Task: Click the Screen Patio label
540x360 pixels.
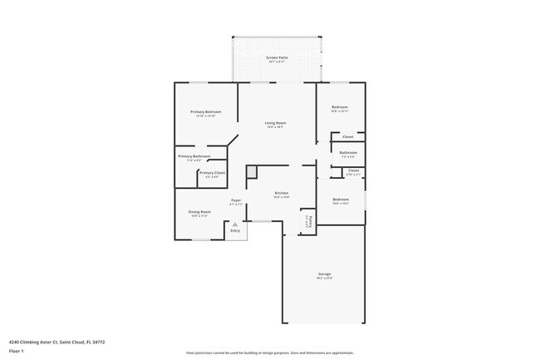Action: click(x=276, y=57)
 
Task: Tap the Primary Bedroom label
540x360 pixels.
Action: click(x=205, y=111)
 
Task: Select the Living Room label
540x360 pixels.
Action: click(x=276, y=123)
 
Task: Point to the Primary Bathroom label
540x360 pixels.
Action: click(x=194, y=156)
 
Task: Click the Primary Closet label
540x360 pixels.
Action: click(x=212, y=172)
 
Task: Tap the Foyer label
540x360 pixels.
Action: click(x=236, y=200)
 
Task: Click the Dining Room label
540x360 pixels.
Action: click(x=200, y=211)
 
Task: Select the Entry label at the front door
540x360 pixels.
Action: click(x=235, y=230)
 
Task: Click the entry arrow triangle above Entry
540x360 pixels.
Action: click(x=235, y=223)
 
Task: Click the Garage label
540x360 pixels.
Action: click(x=324, y=274)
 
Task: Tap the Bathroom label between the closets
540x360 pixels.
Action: click(x=348, y=152)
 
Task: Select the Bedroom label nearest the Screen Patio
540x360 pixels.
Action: click(x=340, y=106)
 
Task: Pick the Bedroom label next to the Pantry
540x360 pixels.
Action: click(x=341, y=199)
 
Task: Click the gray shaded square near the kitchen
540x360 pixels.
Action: click(x=252, y=170)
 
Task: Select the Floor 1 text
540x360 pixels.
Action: click(x=16, y=351)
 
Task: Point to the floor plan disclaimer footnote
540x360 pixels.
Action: click(x=270, y=353)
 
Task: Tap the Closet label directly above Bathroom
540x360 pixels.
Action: click(x=348, y=136)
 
